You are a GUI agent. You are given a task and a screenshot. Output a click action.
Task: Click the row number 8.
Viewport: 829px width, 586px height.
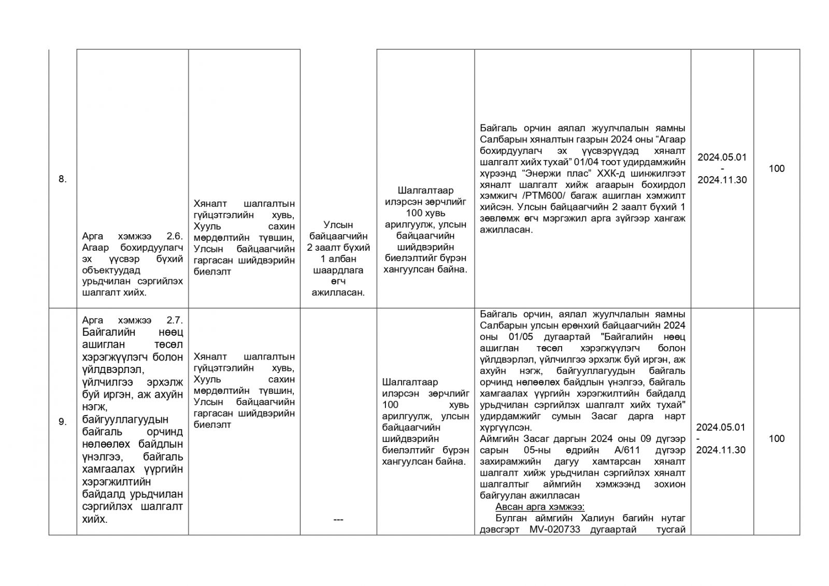point(62,180)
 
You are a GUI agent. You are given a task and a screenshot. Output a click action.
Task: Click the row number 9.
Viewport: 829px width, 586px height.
point(62,422)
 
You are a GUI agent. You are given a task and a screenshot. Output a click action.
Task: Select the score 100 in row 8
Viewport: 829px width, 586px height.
point(776,168)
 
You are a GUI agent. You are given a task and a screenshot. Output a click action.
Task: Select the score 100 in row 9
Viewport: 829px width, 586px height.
point(776,439)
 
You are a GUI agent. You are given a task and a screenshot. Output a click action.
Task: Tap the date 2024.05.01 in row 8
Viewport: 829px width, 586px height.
point(722,157)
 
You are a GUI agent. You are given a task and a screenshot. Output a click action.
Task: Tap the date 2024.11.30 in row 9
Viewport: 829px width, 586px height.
point(720,450)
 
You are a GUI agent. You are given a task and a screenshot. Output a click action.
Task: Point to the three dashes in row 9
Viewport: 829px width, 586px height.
point(338,520)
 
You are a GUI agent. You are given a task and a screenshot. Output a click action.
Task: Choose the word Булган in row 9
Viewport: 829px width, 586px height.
point(511,518)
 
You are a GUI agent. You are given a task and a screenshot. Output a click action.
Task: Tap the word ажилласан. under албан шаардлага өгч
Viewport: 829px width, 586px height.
point(338,293)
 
